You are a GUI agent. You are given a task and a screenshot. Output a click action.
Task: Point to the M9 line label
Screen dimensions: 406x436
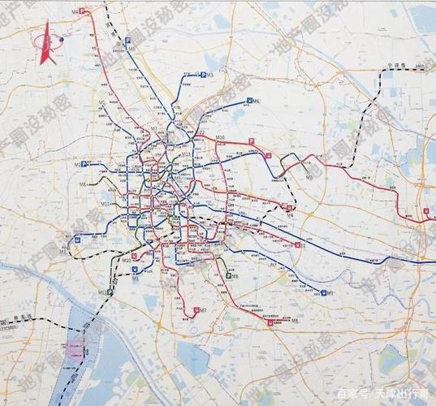point(309,175)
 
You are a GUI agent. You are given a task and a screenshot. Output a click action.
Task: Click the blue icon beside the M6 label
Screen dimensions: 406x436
point(248,101)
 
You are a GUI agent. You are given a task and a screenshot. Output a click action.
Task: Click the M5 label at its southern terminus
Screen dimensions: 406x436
point(136,278)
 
